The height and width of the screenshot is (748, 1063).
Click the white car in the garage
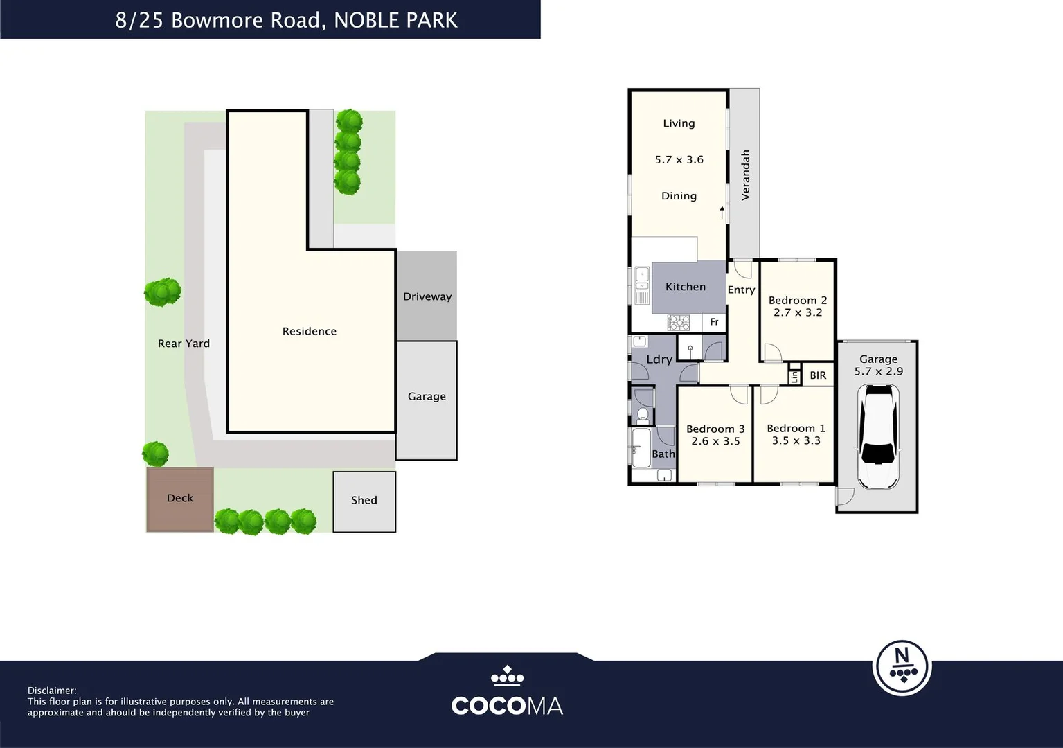(x=878, y=436)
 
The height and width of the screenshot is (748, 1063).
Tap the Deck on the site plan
(x=180, y=499)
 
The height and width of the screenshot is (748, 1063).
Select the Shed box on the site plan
(x=364, y=501)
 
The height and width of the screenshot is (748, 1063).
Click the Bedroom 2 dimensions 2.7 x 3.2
(x=798, y=312)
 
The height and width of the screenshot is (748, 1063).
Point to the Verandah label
(x=745, y=175)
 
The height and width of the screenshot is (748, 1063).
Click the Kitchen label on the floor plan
(x=686, y=287)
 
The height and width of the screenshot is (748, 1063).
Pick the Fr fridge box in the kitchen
(x=714, y=322)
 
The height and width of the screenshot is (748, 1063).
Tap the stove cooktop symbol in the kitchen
(x=679, y=323)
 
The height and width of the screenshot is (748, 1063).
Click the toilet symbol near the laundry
(x=643, y=416)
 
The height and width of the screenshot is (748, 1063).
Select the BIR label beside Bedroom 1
(x=818, y=375)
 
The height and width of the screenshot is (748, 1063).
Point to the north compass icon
(x=902, y=668)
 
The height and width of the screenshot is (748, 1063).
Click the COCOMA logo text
(x=507, y=706)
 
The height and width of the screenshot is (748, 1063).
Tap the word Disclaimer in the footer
(x=52, y=691)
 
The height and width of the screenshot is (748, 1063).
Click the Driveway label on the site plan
(x=427, y=296)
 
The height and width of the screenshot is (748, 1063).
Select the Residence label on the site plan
(x=310, y=331)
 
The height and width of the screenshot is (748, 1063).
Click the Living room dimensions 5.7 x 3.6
(x=679, y=160)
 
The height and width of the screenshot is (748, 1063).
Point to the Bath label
(x=663, y=454)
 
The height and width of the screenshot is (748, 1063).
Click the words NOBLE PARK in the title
(x=396, y=20)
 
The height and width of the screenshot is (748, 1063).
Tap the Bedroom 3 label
(x=715, y=429)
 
